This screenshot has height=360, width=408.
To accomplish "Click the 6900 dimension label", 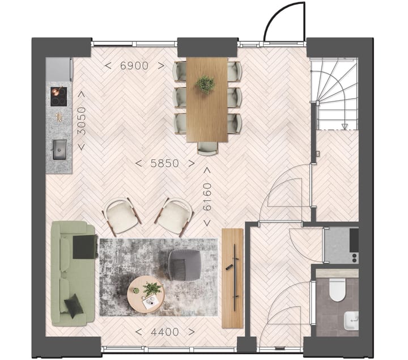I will tap(134, 66).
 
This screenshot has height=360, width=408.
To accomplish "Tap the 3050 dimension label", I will tap(82, 121).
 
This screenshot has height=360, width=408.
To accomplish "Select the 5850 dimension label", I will tap(165, 163).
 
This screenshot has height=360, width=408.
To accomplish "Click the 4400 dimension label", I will tap(165, 332).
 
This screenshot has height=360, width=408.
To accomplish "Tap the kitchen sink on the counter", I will tap(59, 149).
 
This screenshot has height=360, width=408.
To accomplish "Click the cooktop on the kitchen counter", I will tap(58, 96).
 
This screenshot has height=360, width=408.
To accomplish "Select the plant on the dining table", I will tap(206, 84).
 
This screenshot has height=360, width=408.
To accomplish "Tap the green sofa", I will tap(73, 273).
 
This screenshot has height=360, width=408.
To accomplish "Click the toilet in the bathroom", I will tap(337, 290).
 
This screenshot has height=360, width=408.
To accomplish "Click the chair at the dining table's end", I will tap(207, 148).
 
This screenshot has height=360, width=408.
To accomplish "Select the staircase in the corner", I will tap(335, 94).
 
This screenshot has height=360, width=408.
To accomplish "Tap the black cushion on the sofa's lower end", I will tap(74, 306).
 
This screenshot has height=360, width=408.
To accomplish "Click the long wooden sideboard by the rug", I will tap(232, 278).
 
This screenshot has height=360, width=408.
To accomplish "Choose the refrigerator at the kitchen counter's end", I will tap(59, 70).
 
